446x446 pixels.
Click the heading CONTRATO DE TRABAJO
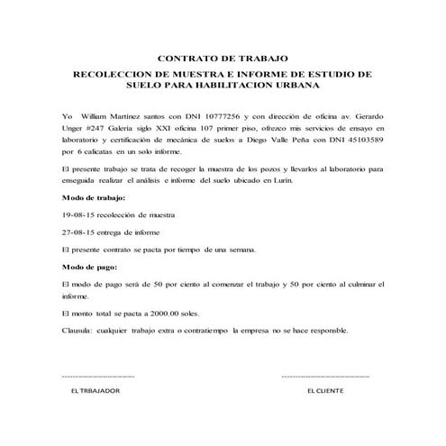tap(223, 55)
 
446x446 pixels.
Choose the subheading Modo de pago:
tap(88, 268)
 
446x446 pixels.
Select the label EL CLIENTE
tap(325, 392)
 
